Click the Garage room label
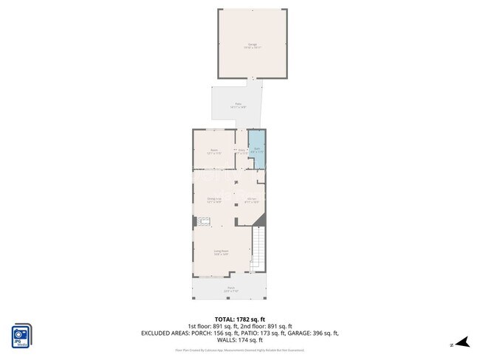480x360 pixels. [252, 46]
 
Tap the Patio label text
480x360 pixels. [238, 105]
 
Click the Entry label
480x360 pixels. [241, 151]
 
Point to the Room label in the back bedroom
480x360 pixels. [213, 151]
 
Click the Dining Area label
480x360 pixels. [214, 199]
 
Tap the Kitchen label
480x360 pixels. [252, 199]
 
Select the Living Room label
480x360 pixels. [221, 252]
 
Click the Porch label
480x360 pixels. [230, 288]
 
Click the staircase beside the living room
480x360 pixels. [258, 249]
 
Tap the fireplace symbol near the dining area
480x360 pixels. [204, 221]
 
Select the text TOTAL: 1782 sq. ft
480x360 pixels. [239, 319]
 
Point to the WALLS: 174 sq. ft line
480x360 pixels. [239, 340]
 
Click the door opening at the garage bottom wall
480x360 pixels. [253, 78]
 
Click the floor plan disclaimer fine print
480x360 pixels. [239, 350]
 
